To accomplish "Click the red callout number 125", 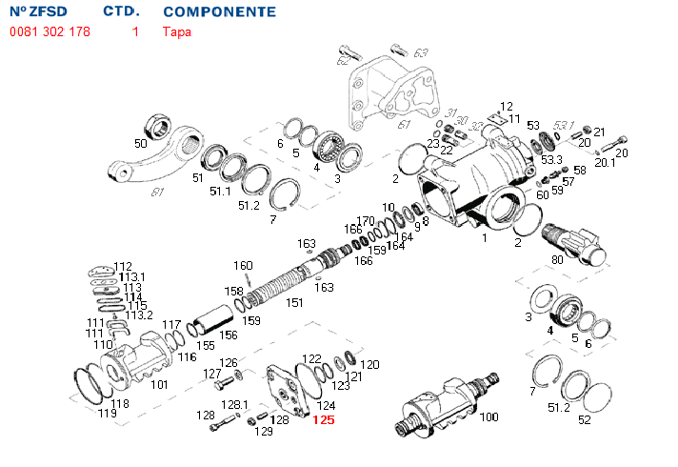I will pos(324,419).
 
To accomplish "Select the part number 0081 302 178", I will pos(50,31).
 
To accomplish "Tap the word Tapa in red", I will pos(176,31).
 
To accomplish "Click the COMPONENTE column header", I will pos(219,12).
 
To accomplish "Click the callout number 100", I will pos(488,417).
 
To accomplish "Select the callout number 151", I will pos(294,302).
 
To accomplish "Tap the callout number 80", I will pos(557,259).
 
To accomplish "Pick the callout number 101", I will pos(159,384).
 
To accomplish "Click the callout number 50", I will pos(140,143).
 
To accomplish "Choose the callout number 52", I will pos(585,418).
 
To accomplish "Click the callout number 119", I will pos(107,413).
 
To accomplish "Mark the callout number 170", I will pos(366,221).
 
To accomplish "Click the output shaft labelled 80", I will pos(571,240).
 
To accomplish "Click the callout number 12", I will pos(507,107).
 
